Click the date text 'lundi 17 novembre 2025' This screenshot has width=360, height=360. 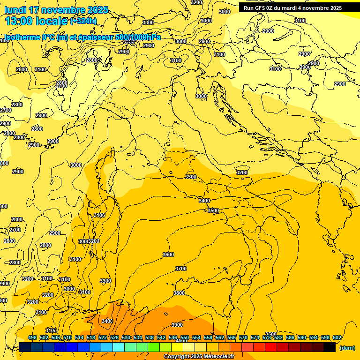pyautogui.click(x=56, y=10)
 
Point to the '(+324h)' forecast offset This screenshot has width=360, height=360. pyautogui.click(x=83, y=21)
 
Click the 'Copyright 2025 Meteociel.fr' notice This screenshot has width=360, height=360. pyautogui.click(x=199, y=357)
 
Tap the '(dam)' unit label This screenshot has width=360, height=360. pyautogui.click(x=347, y=348)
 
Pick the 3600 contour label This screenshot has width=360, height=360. pyautogui.click(x=168, y=255)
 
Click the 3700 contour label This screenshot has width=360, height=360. pyautogui.click(x=181, y=269)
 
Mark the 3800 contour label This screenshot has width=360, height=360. pyautogui.click(x=179, y=293)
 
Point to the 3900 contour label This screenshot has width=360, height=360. pyautogui.click(x=177, y=325)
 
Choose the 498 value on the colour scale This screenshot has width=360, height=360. pyautogui.click(x=32, y=337)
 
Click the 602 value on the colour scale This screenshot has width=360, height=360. pyautogui.click(x=337, y=337)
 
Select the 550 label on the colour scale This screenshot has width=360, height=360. pyautogui.click(x=185, y=337)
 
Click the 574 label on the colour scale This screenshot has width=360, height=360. pyautogui.click(x=255, y=337)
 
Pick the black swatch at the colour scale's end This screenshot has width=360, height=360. pyautogui.click(x=330, y=347)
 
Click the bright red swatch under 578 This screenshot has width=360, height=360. pyautogui.click(x=271, y=347)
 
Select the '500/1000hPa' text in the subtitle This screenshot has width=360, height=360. pyautogui.click(x=138, y=37)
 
